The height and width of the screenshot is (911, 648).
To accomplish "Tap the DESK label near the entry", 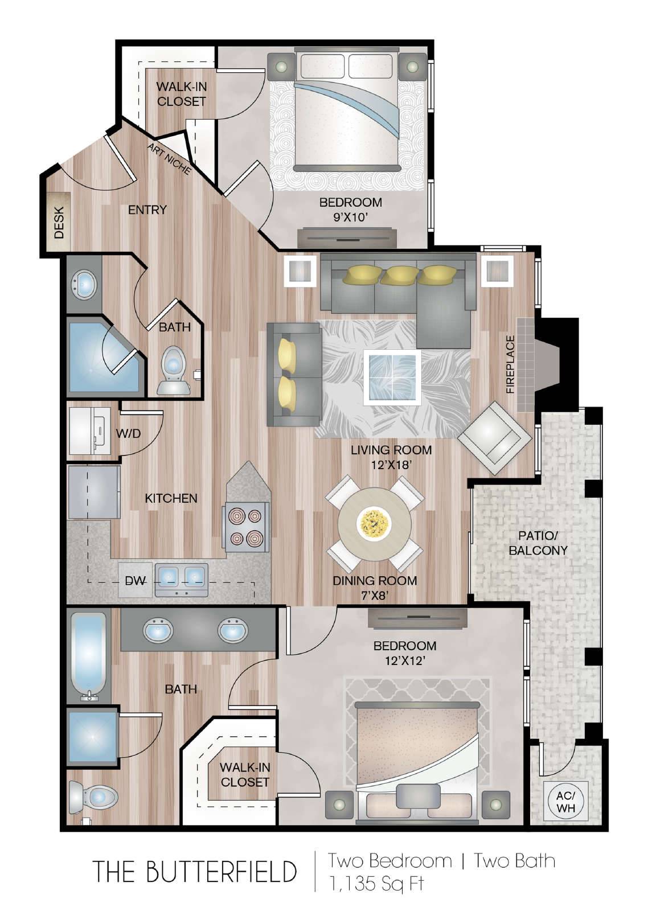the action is (59, 223).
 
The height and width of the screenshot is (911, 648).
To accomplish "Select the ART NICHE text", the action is (169, 159).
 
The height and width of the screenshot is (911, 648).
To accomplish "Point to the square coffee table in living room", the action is (392, 377).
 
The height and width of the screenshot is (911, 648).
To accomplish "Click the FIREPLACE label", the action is (511, 364).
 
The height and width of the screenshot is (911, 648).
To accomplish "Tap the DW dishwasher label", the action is (135, 581).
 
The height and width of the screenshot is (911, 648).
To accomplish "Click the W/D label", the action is (128, 433).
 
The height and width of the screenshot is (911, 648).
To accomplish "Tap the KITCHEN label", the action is (171, 498).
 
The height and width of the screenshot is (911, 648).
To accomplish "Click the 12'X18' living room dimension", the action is (391, 465).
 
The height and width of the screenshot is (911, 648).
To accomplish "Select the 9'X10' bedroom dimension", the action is (350, 217).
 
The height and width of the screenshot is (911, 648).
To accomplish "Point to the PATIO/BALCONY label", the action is (538, 543).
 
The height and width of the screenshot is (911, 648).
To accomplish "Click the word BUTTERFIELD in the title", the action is (220, 871).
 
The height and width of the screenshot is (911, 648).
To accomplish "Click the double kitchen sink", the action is (181, 579).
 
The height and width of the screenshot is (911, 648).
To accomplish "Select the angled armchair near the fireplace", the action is (495, 438).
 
